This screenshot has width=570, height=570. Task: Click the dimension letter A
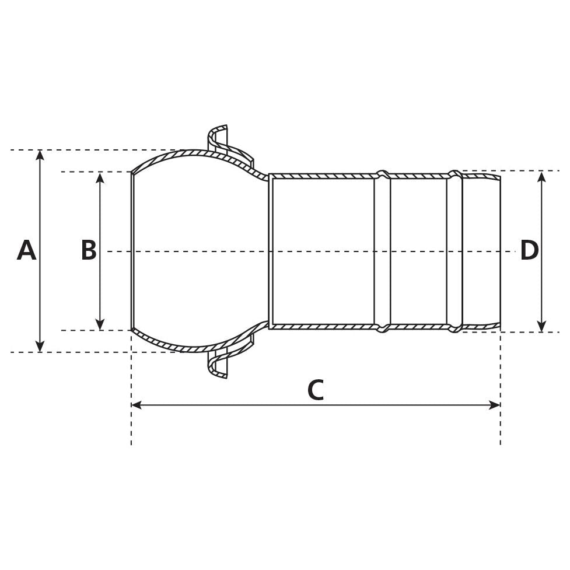coord(26,251)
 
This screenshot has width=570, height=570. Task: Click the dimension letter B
coord(89,251)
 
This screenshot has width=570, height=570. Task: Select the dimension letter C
coord(315,390)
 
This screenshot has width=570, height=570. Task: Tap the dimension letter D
coord(529,251)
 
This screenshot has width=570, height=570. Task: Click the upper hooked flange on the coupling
coord(219,137)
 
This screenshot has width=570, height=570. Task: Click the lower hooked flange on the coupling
coord(219,366)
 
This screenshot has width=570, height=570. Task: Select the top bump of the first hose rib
coord(382,174)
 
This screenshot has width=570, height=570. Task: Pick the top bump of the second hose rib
coord(454,174)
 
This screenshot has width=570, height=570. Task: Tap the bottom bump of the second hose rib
coord(454,329)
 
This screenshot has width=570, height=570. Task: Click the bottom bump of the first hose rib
coord(382,329)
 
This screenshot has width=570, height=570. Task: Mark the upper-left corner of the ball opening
coord(132,173)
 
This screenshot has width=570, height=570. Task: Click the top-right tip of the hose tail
coord(499,176)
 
